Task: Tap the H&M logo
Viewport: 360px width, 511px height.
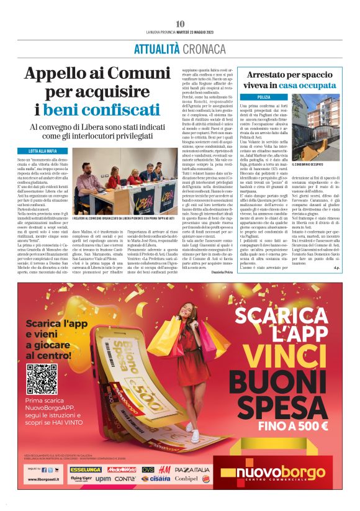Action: tap(164, 469)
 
